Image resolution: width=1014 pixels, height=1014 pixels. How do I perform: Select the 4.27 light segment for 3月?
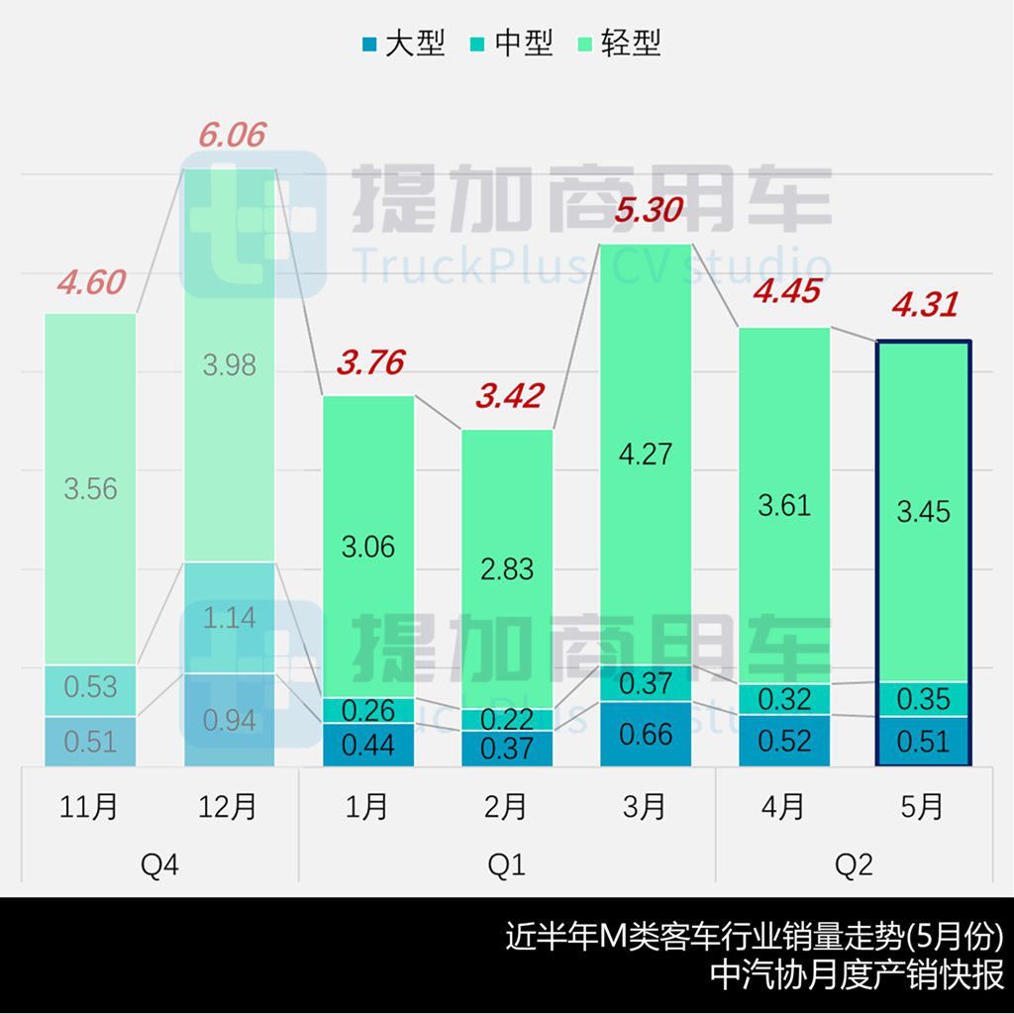[645, 455]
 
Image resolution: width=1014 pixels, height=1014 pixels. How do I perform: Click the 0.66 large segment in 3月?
[645, 734]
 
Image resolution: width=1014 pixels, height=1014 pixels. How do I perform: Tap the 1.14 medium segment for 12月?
[229, 618]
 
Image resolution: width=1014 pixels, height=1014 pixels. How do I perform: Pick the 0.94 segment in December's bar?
[229, 720]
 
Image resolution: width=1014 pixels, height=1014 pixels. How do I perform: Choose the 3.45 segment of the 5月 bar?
[923, 512]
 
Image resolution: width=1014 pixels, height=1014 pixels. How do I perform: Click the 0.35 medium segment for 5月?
[923, 699]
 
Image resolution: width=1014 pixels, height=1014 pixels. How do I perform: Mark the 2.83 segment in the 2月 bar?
[506, 569]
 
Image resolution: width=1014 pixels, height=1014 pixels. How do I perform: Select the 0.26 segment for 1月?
[367, 710]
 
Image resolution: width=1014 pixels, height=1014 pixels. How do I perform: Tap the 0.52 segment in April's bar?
[783, 740]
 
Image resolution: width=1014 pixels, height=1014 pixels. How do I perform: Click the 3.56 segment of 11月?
[90, 488]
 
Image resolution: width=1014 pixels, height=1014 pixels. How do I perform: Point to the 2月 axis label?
[506, 807]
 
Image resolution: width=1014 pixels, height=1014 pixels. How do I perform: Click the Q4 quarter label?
[159, 865]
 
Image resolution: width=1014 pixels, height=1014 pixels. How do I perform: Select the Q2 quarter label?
[854, 865]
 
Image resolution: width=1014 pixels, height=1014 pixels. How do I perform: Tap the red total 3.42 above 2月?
[509, 397]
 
